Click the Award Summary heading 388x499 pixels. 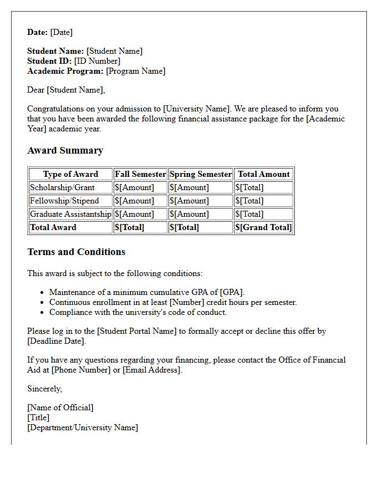pos(65,150)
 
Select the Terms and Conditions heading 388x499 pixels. pos(76,252)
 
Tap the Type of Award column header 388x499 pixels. pos(70,174)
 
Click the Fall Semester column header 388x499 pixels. pos(140,174)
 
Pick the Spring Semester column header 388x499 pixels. pos(201,174)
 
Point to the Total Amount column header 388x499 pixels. pos(264,174)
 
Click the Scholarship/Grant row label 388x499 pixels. pos(63,187)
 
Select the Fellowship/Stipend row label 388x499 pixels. pos(64,201)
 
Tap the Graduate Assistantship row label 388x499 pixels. pos(70,214)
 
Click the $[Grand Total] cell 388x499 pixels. pos(263,227)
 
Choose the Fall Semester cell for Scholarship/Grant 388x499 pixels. pos(134,187)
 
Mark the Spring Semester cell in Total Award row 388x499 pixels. pos(185,227)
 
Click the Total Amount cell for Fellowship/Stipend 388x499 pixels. pos(249,201)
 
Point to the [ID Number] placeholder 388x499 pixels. pos(97,61)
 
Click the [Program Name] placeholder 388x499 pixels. pos(135,71)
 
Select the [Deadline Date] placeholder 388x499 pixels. pos(57,341)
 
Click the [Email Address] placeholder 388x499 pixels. pos(152,370)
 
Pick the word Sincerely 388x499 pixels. pos(44,389)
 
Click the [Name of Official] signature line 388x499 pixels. pos(60,408)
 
